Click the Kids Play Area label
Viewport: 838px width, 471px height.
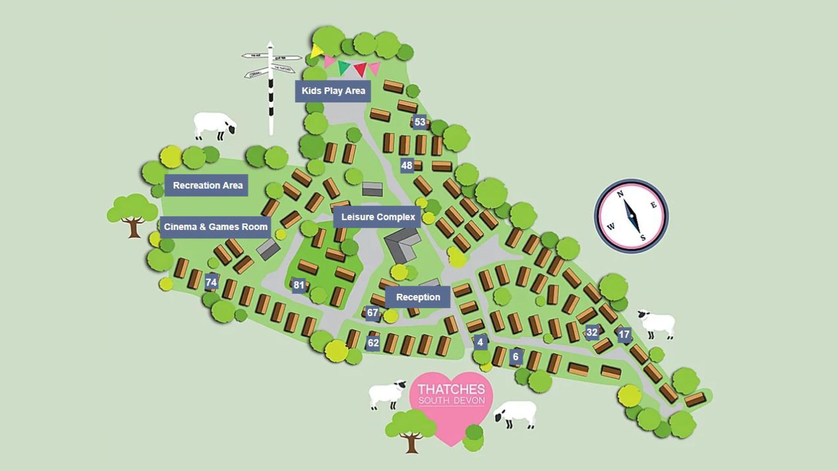coord(333,91)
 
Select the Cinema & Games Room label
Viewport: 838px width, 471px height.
coord(216,227)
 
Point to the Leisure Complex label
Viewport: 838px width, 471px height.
coord(378,217)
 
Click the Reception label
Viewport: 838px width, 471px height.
coord(418,297)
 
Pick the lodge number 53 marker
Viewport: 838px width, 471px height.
coord(419,122)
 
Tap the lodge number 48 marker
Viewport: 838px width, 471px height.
coord(406,165)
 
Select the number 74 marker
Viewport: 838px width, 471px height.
coord(211,282)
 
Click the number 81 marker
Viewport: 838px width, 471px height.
coord(299,285)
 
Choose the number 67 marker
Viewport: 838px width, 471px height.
coord(372,313)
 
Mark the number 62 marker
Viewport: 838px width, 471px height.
coord(373,343)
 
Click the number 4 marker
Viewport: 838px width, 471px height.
coord(480,342)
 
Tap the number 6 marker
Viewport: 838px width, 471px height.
coord(515,357)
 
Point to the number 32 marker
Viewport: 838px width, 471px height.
coord(591,332)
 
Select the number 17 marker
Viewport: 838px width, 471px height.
coord(624,335)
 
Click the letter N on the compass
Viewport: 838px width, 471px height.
coord(620,194)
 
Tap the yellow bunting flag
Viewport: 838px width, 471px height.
coord(316,51)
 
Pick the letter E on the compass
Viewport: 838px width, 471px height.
coord(653,205)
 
